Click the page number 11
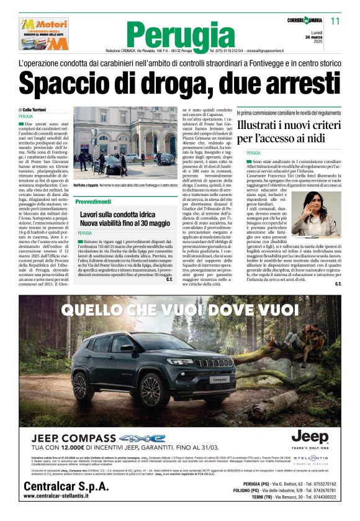click(x=336, y=21)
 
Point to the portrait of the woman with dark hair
click(x=326, y=212)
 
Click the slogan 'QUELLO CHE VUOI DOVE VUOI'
click(x=179, y=309)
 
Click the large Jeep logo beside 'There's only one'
click(x=310, y=437)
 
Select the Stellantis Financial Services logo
click(x=315, y=459)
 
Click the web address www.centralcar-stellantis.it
click(x=68, y=496)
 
